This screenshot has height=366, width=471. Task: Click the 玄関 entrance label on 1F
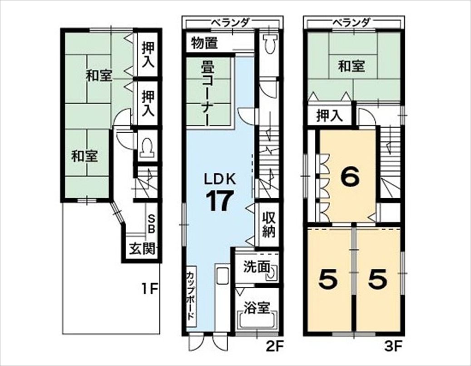[143, 248]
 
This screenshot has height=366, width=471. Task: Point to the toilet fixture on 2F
[270, 43]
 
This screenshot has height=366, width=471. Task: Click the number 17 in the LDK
[219, 201]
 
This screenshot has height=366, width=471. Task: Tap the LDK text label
[219, 180]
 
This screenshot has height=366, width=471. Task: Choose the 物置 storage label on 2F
[204, 43]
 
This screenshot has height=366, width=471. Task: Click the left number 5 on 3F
[328, 279]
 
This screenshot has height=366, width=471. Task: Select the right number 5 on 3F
[377, 279]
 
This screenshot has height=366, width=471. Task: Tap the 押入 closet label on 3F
[330, 115]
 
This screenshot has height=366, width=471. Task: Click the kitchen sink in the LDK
[222, 274]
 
